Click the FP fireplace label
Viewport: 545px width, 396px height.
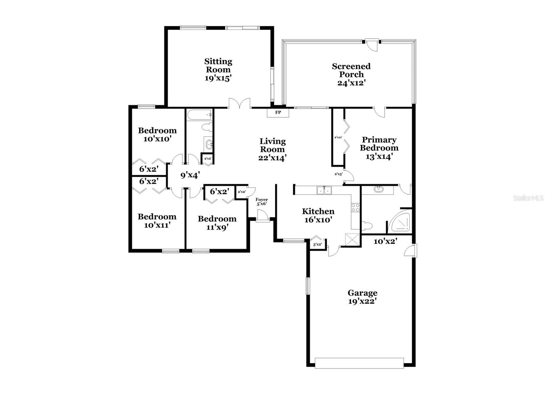tap(278, 112)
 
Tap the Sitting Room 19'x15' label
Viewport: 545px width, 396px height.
tap(218, 70)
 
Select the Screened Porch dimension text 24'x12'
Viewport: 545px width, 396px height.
tap(351, 83)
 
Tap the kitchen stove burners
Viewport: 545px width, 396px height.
tap(355, 207)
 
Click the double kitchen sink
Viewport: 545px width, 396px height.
tap(324, 190)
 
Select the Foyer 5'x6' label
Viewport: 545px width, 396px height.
tap(262, 202)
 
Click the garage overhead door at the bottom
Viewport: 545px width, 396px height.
tap(359, 363)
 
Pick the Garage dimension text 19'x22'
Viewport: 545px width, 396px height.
tap(362, 301)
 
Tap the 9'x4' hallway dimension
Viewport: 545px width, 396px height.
tap(190, 175)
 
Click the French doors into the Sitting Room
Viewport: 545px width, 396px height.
tap(239, 104)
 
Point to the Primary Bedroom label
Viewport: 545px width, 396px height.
tap(379, 144)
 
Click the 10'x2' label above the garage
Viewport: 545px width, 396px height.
tap(385, 241)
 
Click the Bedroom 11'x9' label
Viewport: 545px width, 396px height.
tap(217, 223)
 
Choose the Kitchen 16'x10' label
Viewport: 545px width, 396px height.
tap(318, 216)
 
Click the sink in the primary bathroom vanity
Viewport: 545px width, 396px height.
tap(378, 189)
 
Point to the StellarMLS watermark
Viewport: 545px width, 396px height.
tap(528, 198)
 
